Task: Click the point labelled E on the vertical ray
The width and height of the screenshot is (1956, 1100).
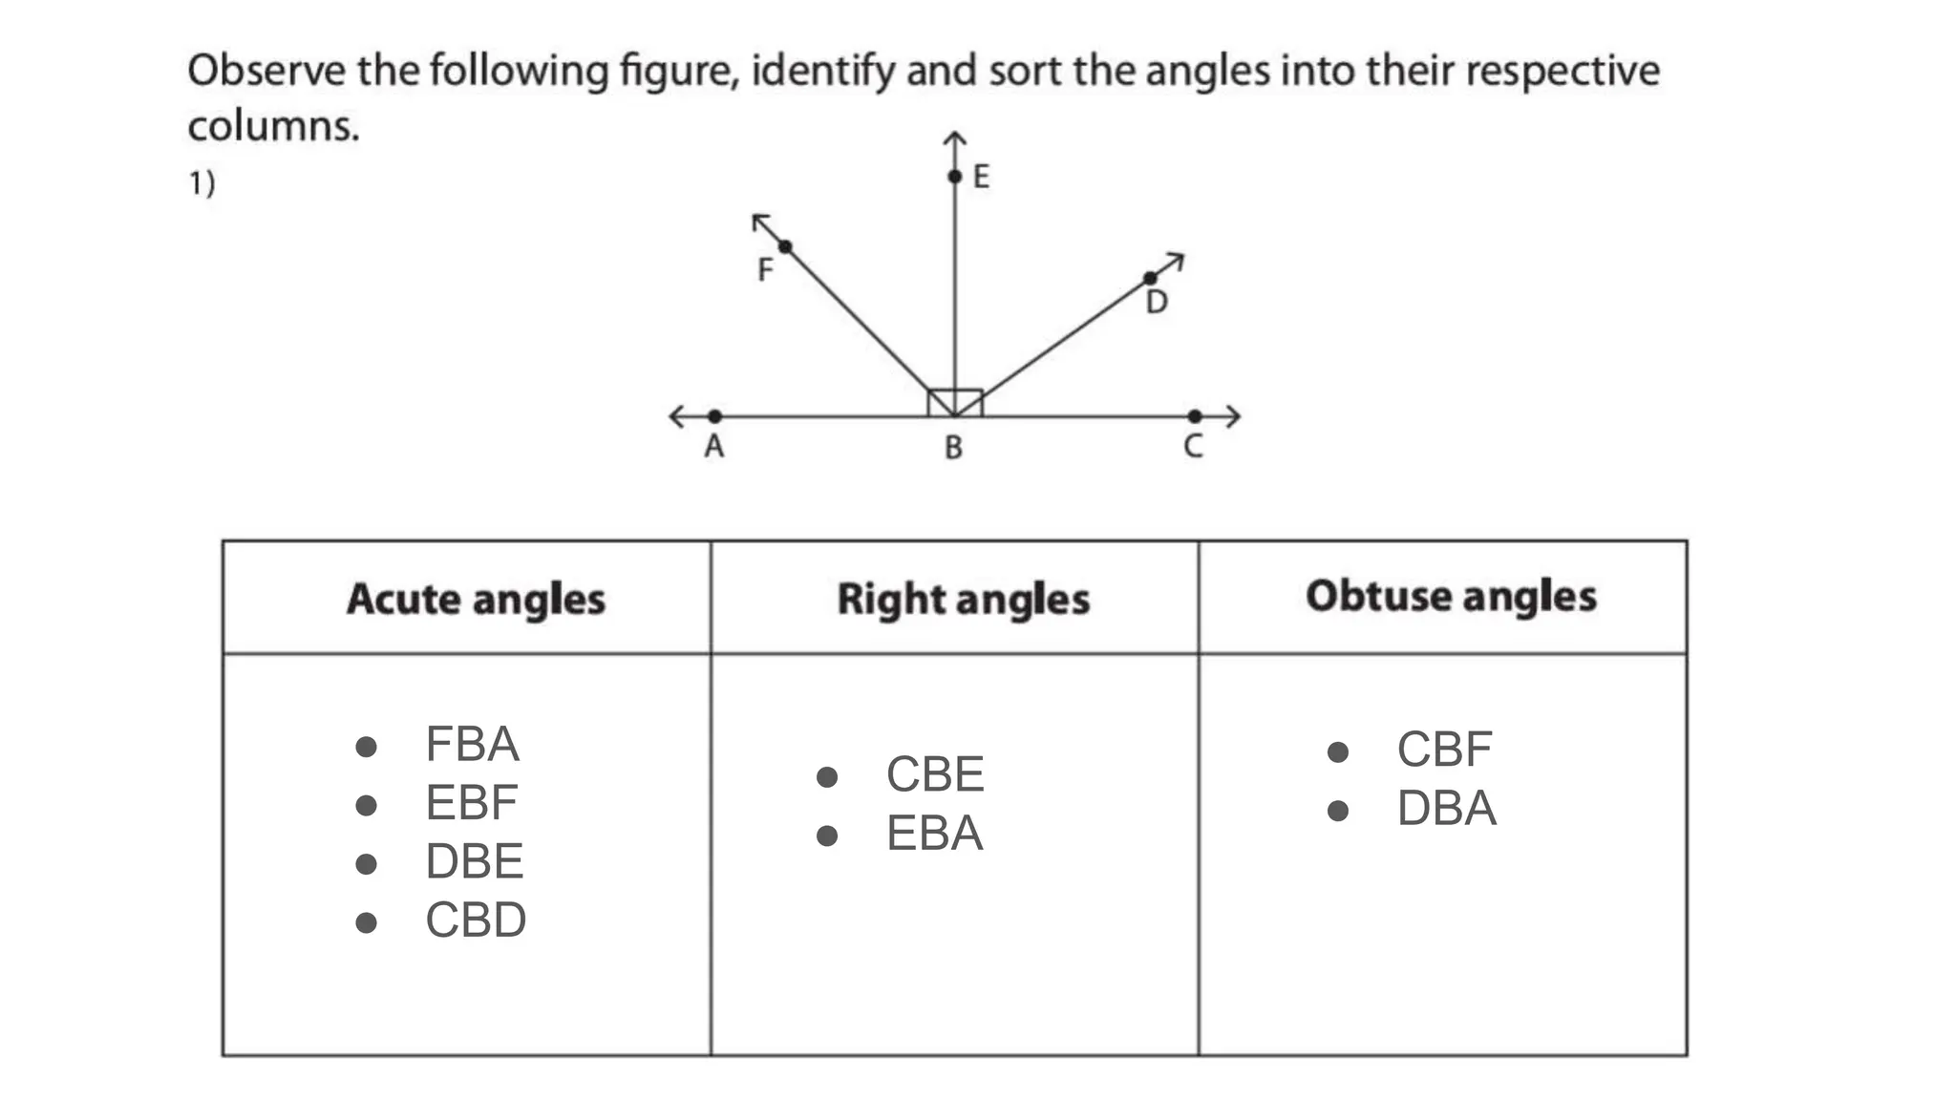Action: point(954,177)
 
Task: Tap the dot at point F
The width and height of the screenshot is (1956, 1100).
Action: point(785,247)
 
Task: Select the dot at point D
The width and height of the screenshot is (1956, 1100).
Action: point(1150,279)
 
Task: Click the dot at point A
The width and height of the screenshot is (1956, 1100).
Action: point(714,416)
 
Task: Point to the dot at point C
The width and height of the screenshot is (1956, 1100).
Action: point(1195,416)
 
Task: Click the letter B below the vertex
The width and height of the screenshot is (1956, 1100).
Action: point(953,447)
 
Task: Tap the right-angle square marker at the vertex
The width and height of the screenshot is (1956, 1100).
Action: point(955,402)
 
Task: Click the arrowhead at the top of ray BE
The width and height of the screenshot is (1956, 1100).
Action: point(954,139)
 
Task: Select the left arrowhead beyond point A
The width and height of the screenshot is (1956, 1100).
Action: point(676,416)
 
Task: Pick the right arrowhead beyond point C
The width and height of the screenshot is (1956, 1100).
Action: point(1233,416)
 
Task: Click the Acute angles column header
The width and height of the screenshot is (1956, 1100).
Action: point(476,599)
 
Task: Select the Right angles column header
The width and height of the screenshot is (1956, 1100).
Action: point(963,599)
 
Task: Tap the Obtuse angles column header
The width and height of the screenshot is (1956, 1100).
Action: point(1451,596)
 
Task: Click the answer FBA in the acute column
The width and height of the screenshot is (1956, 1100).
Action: point(472,744)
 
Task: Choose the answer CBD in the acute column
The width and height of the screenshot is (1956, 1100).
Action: point(476,920)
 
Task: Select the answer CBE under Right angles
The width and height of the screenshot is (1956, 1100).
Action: point(934,774)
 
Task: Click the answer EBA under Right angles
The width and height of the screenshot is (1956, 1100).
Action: point(934,834)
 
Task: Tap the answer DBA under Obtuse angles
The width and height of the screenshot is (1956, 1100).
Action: point(1446,809)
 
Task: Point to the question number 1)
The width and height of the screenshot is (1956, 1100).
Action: point(202,182)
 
